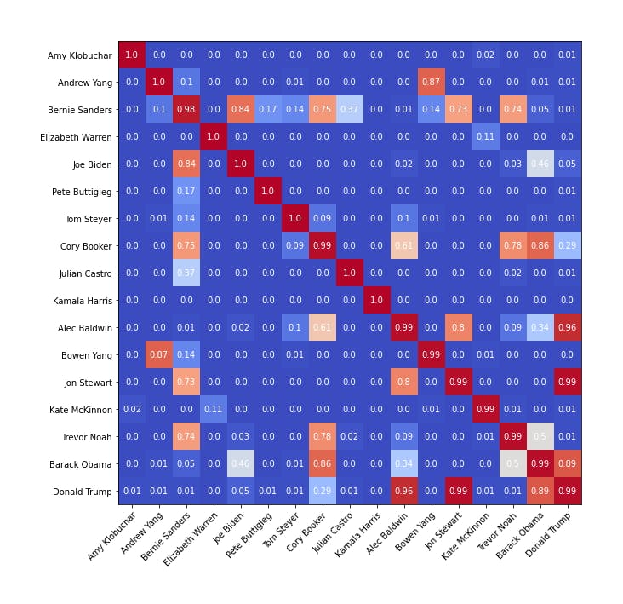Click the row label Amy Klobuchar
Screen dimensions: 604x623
[79, 55]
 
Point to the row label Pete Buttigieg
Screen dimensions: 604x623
[82, 192]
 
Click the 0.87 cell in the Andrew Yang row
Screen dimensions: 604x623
[432, 83]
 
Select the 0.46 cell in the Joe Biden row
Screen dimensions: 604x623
[540, 164]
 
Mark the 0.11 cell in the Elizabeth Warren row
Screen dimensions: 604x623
[486, 137]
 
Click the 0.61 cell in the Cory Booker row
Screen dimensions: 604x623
[404, 246]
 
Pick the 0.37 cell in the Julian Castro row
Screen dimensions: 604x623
[186, 273]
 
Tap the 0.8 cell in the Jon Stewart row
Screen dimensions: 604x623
[404, 383]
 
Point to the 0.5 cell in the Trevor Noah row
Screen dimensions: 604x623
[540, 437]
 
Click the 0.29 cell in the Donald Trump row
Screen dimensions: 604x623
[323, 492]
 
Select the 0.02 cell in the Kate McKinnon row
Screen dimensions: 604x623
[132, 410]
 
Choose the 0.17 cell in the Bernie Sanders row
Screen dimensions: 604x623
[268, 110]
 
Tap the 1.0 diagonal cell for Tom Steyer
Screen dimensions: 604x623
[295, 219]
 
